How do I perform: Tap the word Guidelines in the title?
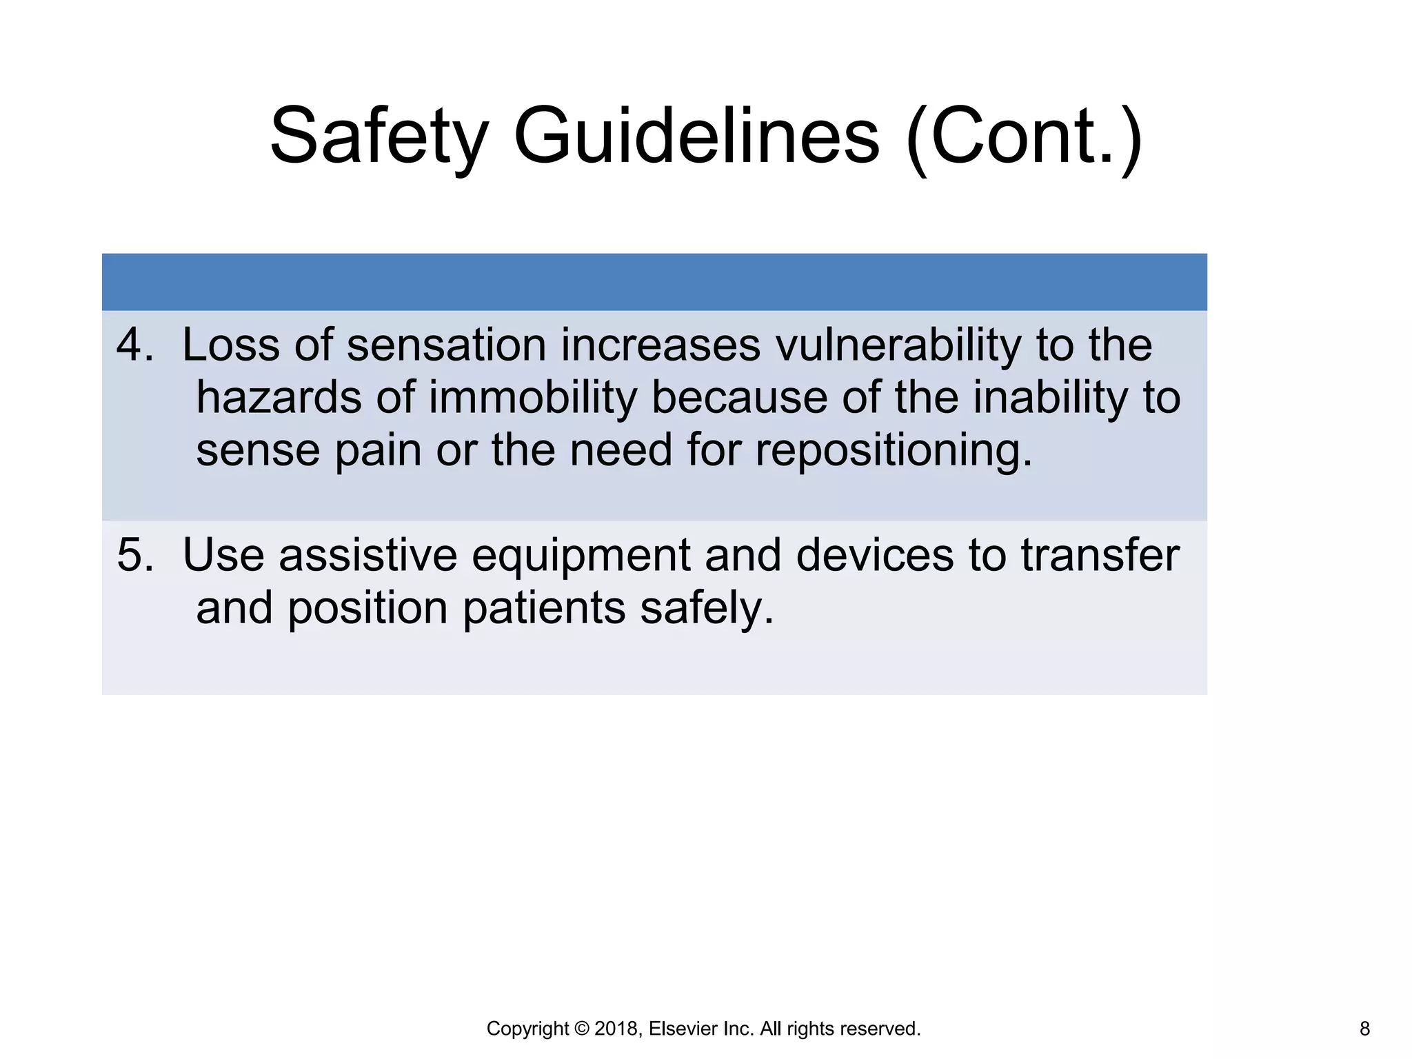coord(696,135)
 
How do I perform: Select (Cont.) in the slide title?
coord(1024,135)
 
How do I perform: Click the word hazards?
coord(279,398)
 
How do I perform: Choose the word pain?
coord(378,452)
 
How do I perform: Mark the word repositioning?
coord(894,452)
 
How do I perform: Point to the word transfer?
coord(1100,555)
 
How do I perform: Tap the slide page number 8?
coord(1364,1029)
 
